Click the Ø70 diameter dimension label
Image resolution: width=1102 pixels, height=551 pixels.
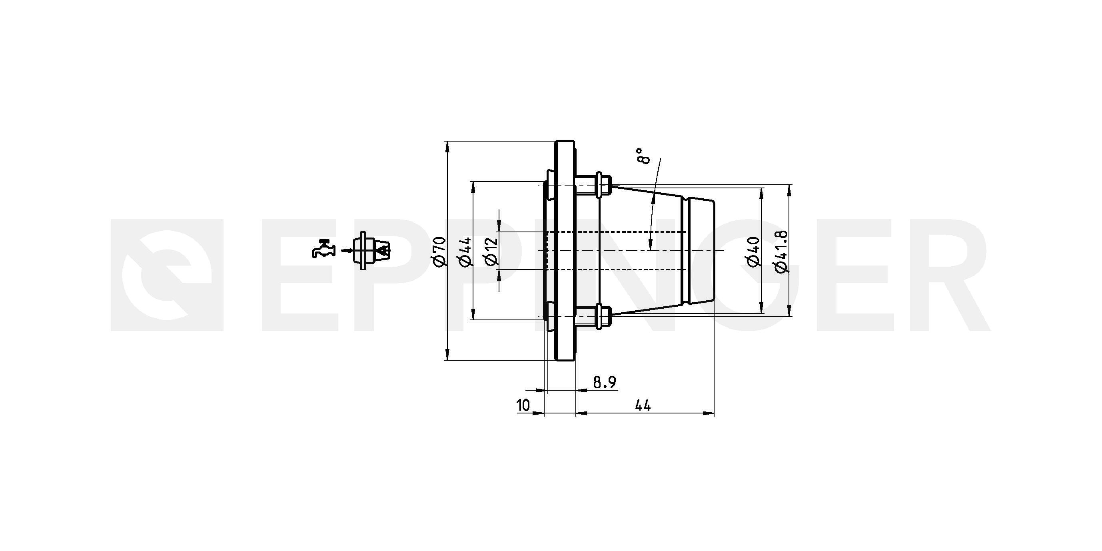click(x=440, y=252)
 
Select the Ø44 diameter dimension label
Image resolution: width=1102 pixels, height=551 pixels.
click(x=465, y=252)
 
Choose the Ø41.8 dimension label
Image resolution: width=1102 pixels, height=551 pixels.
click(x=781, y=251)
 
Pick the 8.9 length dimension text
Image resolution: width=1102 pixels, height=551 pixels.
click(x=605, y=382)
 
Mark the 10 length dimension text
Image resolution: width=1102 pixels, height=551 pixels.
click(x=523, y=405)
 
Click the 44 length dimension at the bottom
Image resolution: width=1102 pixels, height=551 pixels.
click(x=643, y=405)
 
